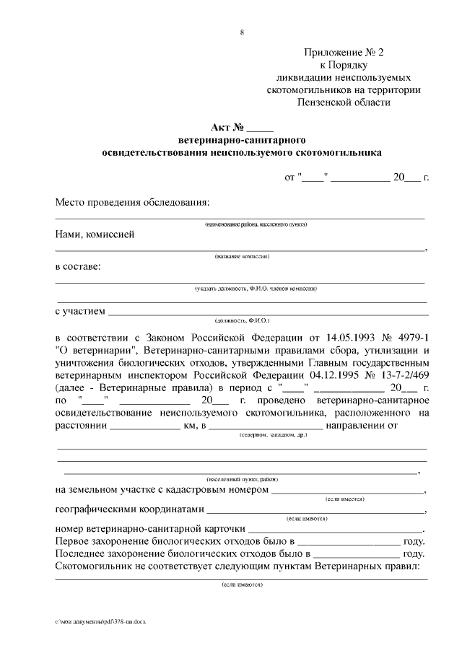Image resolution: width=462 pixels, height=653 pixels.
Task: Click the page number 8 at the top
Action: point(241,32)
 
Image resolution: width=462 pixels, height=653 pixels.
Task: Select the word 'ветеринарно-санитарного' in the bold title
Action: point(242,140)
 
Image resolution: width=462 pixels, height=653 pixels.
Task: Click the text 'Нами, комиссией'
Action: point(95,234)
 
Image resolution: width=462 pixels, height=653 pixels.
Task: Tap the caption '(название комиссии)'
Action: point(242,256)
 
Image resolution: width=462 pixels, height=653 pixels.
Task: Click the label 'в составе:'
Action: point(78,266)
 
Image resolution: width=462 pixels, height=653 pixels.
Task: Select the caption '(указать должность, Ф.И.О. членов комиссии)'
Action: point(256,289)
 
